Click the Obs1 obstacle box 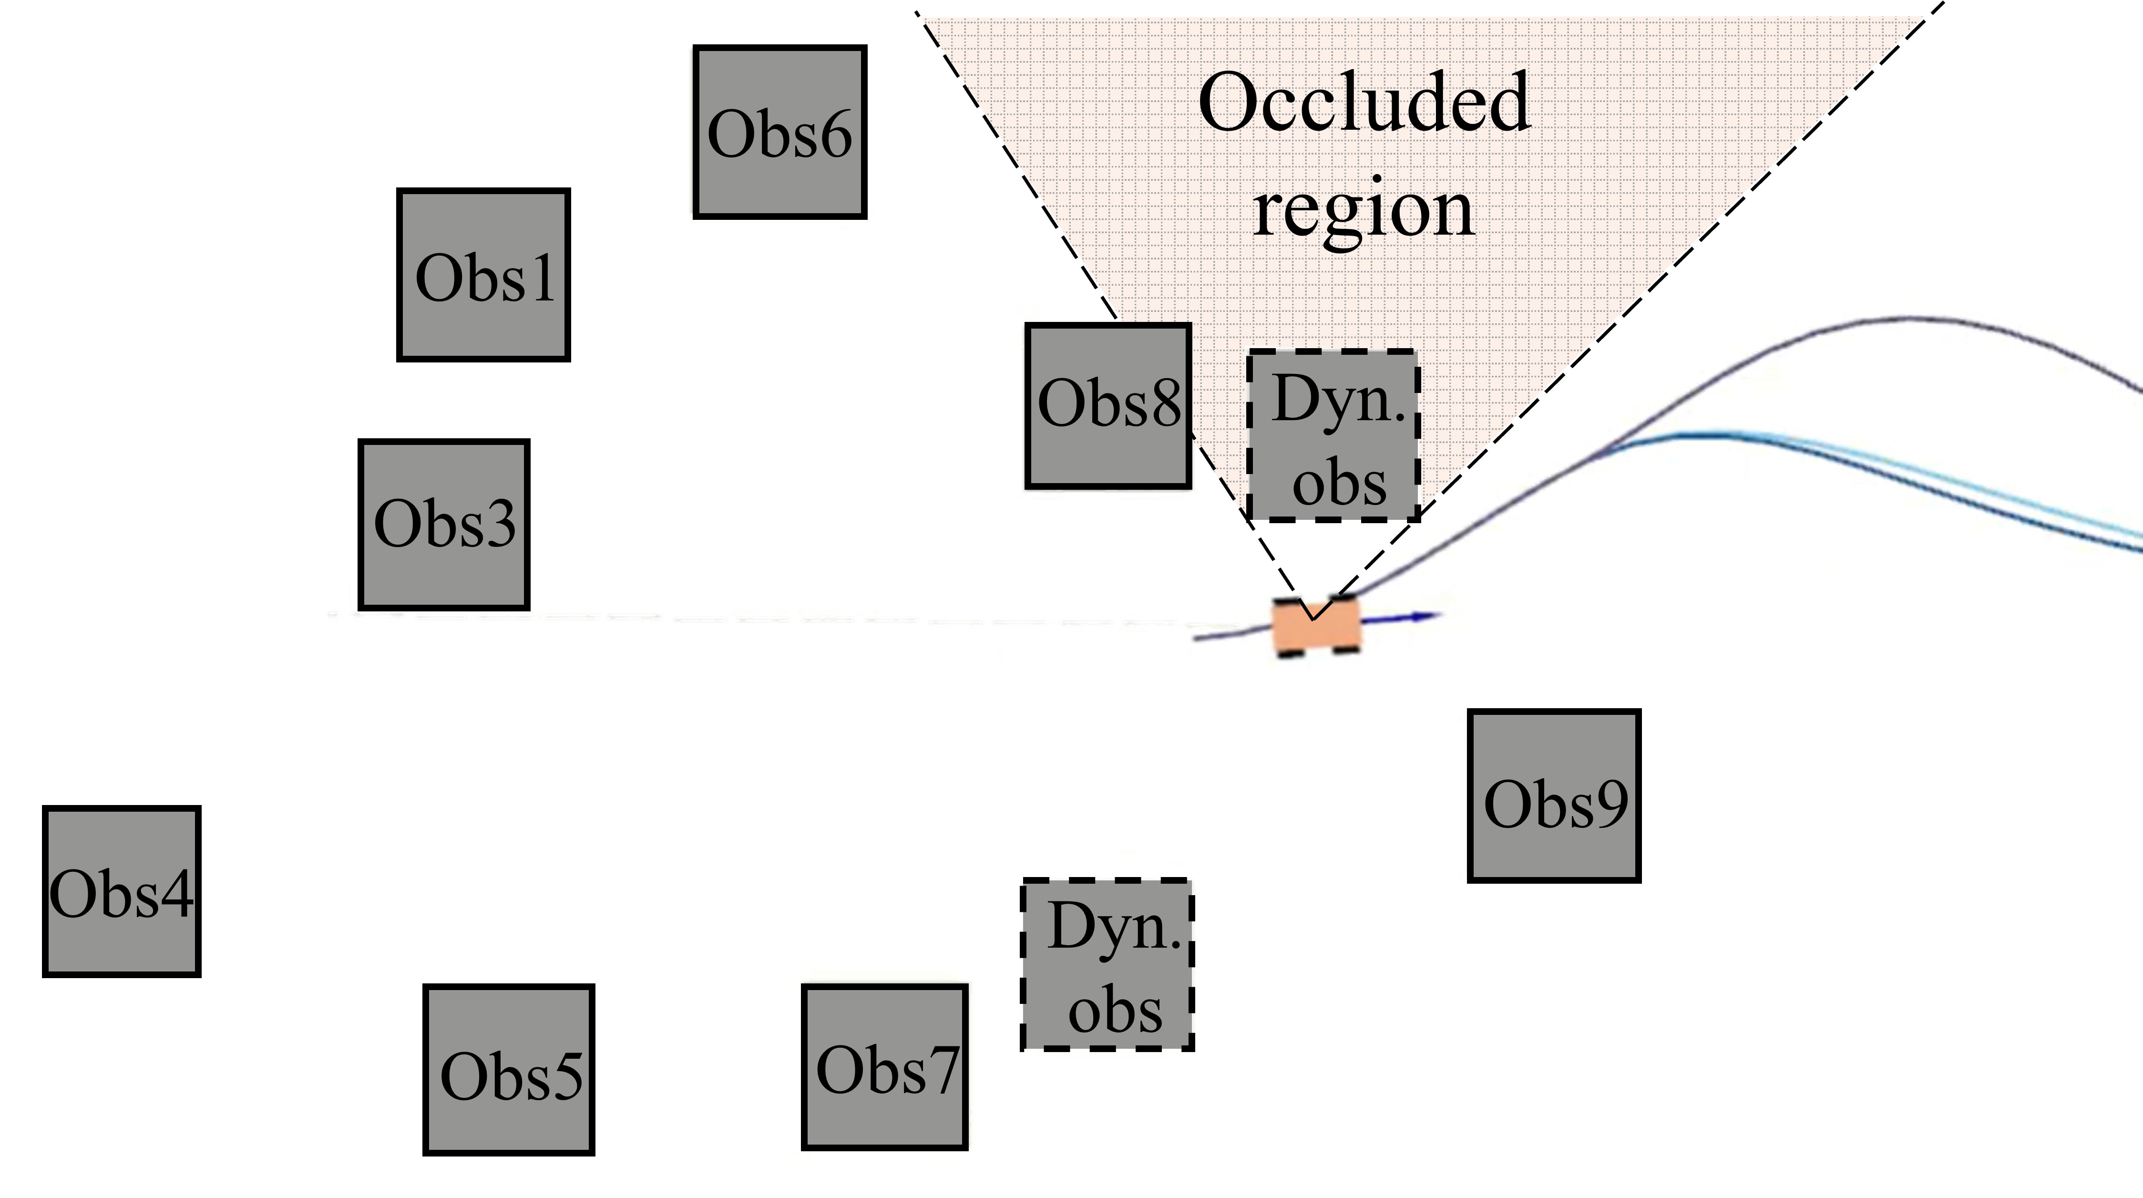click(483, 275)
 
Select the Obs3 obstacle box click(444, 525)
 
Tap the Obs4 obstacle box click(122, 891)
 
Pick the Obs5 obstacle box click(509, 1070)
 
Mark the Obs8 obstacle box click(1108, 405)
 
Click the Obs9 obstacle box click(1554, 795)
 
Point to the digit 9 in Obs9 click(1608, 805)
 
